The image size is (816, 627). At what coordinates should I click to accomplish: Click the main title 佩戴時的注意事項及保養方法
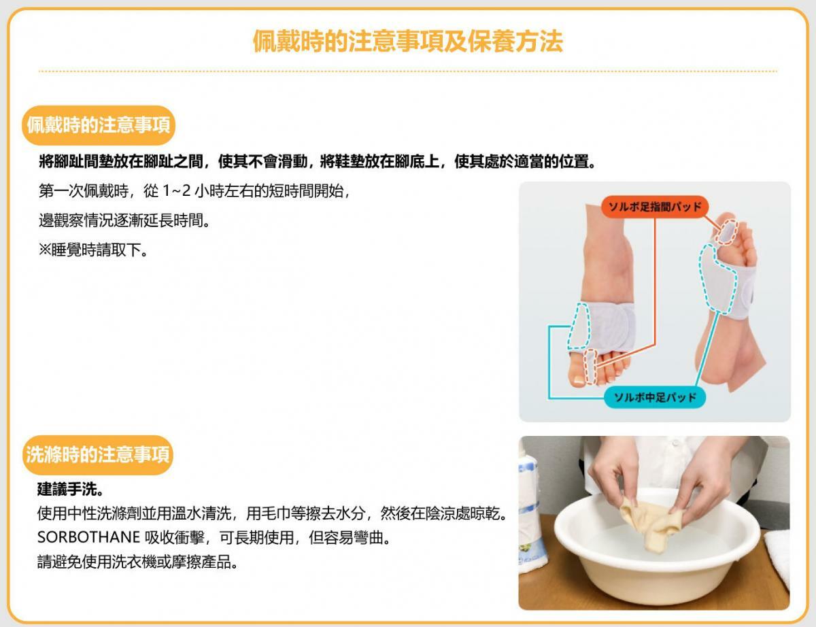coord(408,41)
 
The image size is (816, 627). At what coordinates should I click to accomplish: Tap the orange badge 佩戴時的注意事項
coord(99,125)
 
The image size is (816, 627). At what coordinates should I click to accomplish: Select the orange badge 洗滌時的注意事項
coord(98,455)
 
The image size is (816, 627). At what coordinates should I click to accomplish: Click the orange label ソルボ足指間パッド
coord(655,207)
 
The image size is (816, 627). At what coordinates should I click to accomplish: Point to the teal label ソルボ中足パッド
coord(655,397)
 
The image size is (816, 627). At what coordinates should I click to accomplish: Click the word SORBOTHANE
coord(88,538)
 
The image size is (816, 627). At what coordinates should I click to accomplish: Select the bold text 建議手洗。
coord(70,489)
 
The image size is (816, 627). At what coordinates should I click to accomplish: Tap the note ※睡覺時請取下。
coord(94,250)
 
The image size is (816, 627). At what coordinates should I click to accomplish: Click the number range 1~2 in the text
coord(177,191)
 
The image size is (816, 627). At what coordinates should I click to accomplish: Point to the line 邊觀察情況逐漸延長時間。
coord(124,220)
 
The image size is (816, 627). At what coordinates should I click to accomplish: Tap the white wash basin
coord(656,548)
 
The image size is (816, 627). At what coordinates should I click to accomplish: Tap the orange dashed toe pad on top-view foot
coord(591,367)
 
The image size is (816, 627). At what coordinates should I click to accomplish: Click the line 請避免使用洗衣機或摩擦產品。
coord(137,562)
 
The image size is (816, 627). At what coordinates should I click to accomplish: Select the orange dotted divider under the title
coord(408,71)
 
